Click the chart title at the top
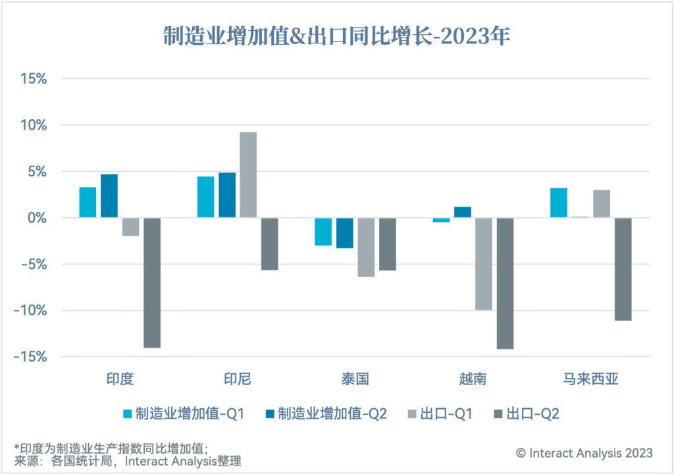coord(336,36)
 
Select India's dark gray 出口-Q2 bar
coord(152,282)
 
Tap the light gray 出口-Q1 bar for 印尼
coord(248,175)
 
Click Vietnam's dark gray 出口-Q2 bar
coord(505,283)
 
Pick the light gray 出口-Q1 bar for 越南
coord(484,263)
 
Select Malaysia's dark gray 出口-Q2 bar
coord(623,269)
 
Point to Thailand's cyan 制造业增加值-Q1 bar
coord(323,232)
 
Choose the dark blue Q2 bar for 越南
coord(463,213)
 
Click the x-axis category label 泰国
coord(355,379)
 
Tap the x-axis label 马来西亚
coord(590,379)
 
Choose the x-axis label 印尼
coord(238,379)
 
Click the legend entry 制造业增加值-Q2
coord(332,413)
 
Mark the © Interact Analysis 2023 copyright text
coord(584,453)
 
